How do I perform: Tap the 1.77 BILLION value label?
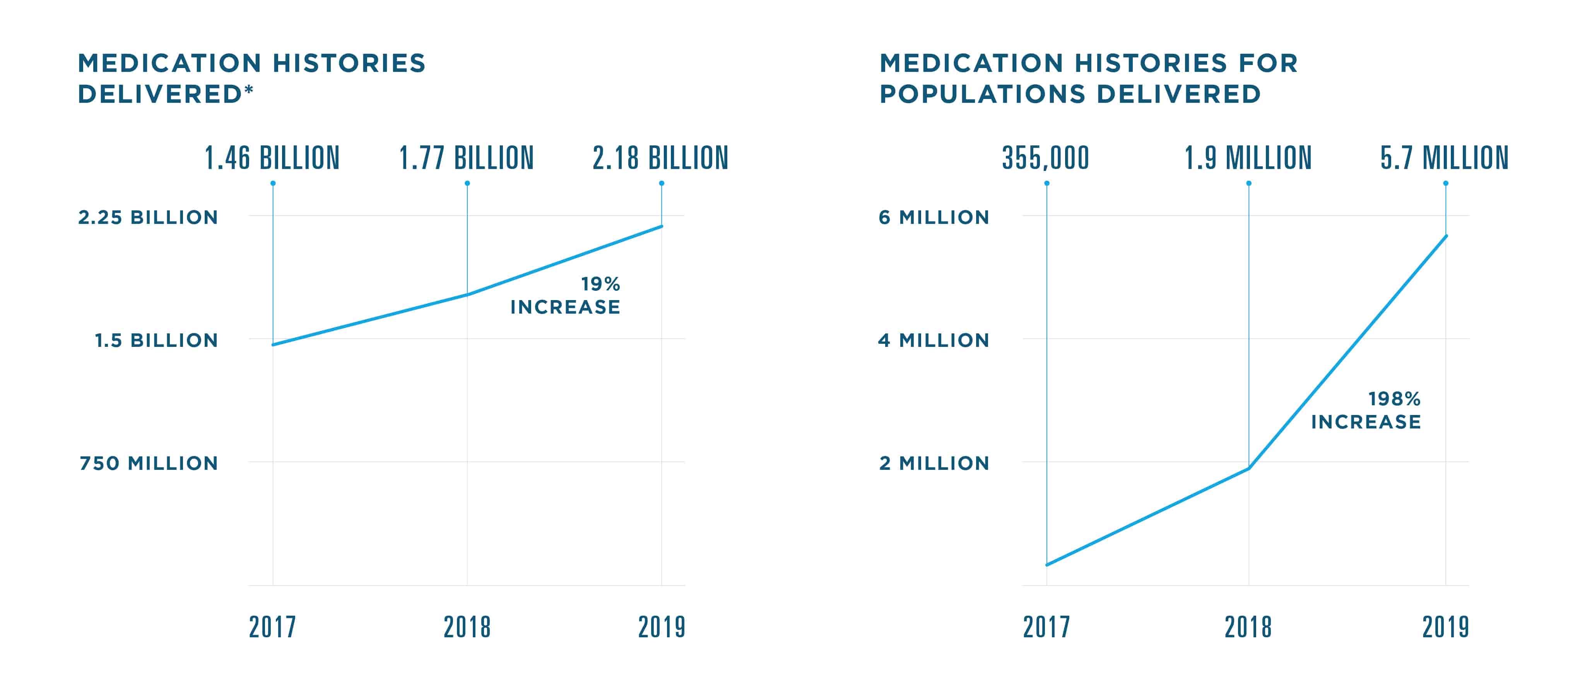466,158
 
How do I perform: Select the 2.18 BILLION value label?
660,158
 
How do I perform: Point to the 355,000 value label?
1046,158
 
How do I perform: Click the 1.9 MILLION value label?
1248,158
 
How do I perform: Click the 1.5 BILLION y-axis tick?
156,340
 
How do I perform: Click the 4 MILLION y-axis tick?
934,340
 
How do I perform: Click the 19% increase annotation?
566,295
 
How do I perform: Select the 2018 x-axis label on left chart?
467,627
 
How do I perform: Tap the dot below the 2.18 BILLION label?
661,183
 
